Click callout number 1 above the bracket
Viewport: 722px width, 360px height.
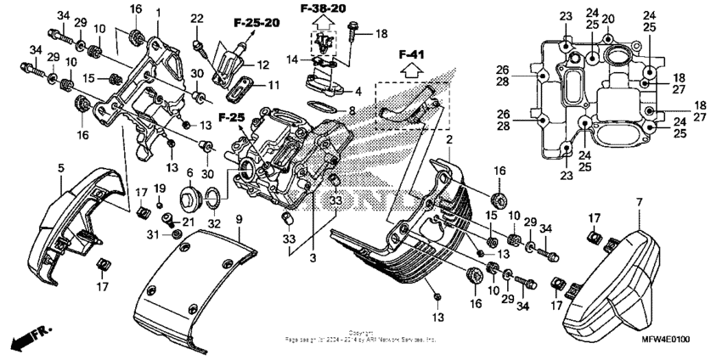point(158,14)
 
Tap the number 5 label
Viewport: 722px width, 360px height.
point(61,168)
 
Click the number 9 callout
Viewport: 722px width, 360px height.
point(239,220)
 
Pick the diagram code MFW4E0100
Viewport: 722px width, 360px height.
point(665,340)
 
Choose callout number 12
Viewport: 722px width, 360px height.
point(262,65)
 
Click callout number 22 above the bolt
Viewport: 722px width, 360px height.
point(197,19)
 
